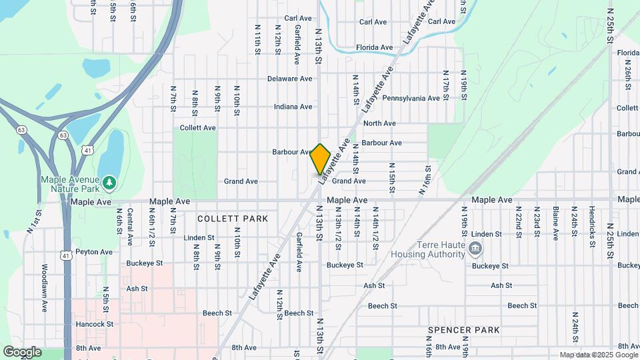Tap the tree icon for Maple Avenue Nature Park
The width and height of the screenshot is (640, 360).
coord(109,181)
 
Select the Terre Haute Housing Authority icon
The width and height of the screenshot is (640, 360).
coord(475,250)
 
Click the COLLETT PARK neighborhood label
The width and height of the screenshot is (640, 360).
coord(233,219)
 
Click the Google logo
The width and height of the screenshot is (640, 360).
coord(22,352)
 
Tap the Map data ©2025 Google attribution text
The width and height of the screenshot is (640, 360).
coord(598,355)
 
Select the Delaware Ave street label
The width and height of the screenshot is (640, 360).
coord(289,79)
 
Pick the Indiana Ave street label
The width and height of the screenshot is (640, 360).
coord(293,107)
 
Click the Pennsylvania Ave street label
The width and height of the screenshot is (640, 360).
coord(411,98)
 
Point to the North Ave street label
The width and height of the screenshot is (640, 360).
coord(379,123)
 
